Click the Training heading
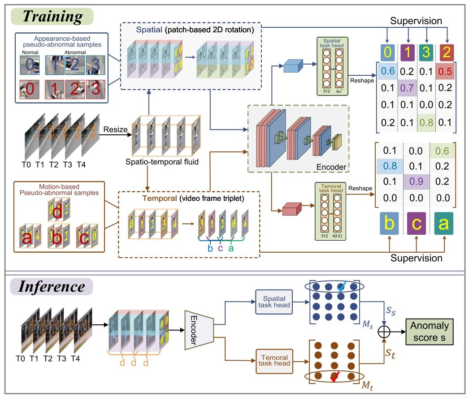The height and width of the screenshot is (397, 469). pos(53,17)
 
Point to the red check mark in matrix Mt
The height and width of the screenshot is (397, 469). pos(334,378)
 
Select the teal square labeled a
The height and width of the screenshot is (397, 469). pos(443,223)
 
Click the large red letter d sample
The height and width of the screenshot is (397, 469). pos(57,213)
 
